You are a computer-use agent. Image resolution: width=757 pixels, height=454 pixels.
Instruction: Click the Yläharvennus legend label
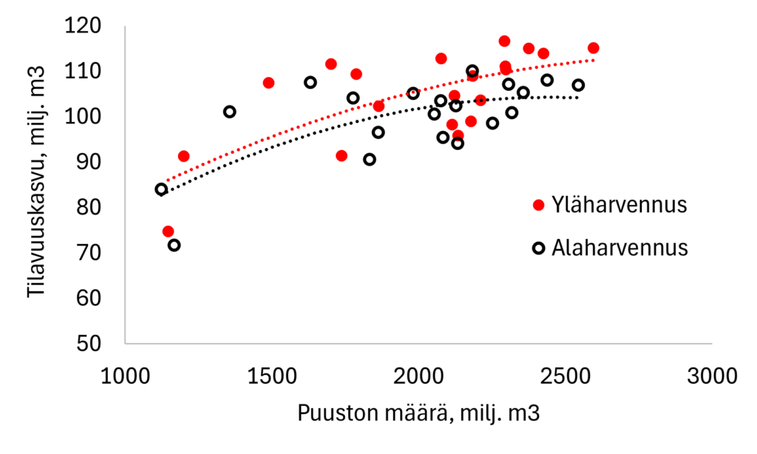(x=619, y=206)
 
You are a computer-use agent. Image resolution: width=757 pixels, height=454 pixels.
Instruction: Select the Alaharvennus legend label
(x=619, y=247)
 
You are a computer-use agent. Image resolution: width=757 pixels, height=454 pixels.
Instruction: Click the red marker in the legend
(x=539, y=205)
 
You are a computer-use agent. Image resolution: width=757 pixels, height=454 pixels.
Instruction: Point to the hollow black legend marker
(x=539, y=247)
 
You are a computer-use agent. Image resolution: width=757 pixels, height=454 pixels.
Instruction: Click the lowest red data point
(x=169, y=231)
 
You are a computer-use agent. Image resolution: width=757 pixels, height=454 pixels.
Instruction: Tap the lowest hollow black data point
(x=174, y=245)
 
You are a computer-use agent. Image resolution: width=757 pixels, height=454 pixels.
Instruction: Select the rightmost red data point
(x=593, y=48)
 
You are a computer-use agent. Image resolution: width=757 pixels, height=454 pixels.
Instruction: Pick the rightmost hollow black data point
(x=578, y=85)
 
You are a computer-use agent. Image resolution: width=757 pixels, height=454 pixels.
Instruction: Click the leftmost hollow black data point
(x=161, y=189)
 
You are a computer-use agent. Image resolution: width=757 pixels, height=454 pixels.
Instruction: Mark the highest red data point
(x=504, y=41)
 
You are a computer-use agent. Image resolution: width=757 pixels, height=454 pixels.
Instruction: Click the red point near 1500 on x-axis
(x=268, y=83)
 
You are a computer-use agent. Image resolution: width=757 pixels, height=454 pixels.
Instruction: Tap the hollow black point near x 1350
(x=230, y=112)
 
